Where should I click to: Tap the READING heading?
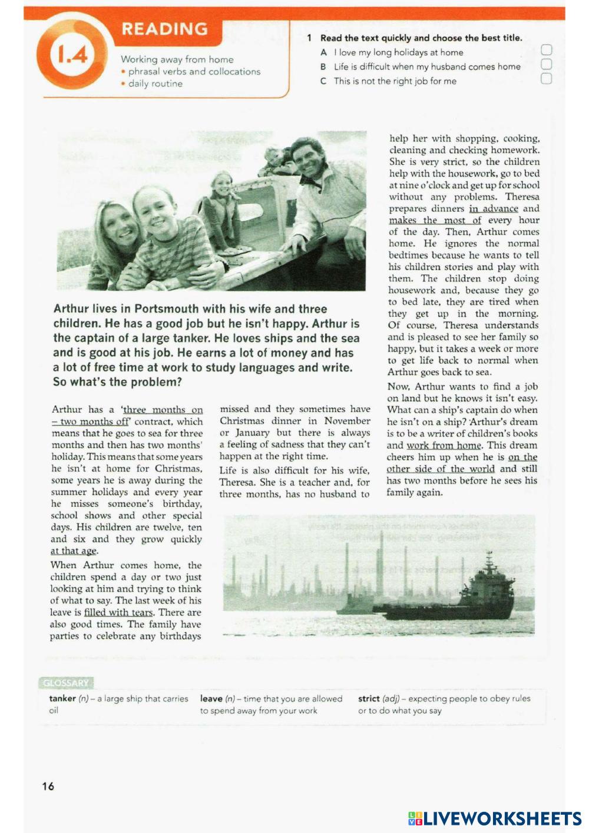(x=164, y=29)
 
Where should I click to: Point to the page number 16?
(x=48, y=786)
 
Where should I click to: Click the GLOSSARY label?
(x=66, y=683)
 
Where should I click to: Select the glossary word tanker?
(x=62, y=699)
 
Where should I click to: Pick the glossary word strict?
(x=369, y=699)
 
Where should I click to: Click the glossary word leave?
(x=211, y=699)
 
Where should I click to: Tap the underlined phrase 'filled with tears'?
(x=118, y=612)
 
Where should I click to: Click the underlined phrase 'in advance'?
(x=494, y=208)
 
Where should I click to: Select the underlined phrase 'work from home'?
(x=444, y=445)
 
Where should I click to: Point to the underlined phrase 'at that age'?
(x=74, y=551)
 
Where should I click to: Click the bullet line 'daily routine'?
(x=155, y=84)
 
